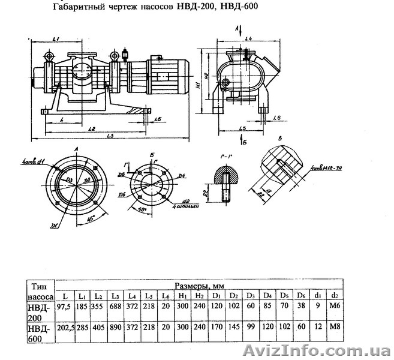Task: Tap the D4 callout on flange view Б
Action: point(181,176)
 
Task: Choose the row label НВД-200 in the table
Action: point(40,313)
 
